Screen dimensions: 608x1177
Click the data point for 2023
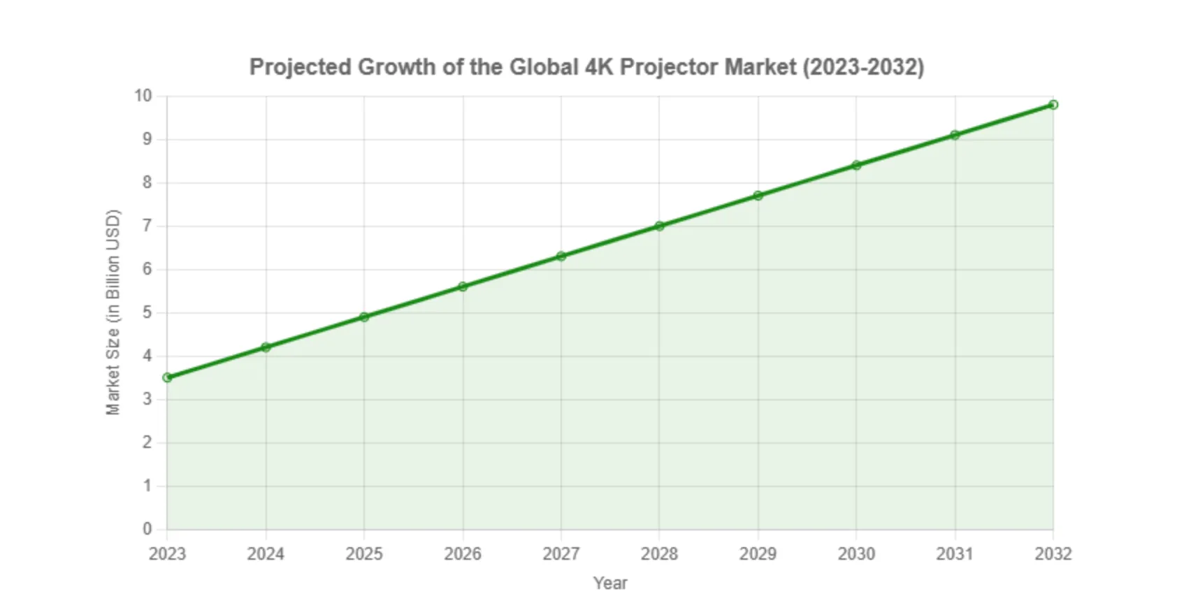click(x=167, y=377)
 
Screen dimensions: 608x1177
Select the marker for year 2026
click(x=463, y=287)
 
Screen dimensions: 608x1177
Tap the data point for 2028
click(x=659, y=226)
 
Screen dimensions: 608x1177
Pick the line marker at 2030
click(x=856, y=165)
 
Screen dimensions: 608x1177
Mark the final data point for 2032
click(x=1053, y=105)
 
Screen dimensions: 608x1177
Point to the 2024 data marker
click(x=266, y=347)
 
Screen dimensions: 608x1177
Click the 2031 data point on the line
click(x=955, y=135)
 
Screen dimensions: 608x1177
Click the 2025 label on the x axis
click(x=364, y=554)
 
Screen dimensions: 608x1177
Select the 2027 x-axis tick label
click(x=561, y=554)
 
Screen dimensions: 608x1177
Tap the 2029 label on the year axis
click(x=758, y=554)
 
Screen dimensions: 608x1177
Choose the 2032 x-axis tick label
click(x=1053, y=554)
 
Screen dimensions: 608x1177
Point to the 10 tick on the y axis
click(x=143, y=96)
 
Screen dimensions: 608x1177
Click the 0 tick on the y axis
click(x=147, y=529)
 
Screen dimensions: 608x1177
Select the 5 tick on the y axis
click(x=147, y=312)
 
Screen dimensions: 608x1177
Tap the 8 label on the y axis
click(x=147, y=182)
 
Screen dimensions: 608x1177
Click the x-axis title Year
click(x=610, y=583)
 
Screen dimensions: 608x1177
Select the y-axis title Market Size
click(x=113, y=312)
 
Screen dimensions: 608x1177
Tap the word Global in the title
click(x=543, y=67)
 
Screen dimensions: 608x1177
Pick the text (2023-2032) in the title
click(x=862, y=67)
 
